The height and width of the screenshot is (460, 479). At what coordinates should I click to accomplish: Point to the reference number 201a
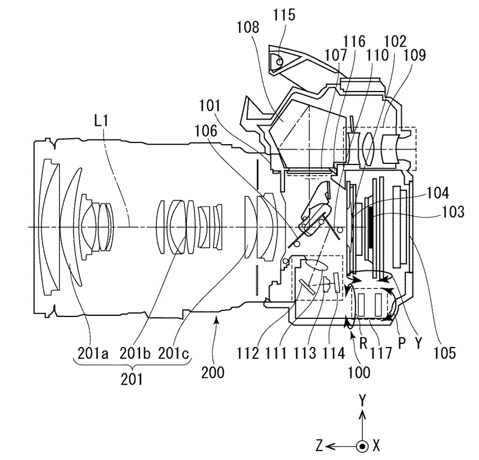click(x=93, y=354)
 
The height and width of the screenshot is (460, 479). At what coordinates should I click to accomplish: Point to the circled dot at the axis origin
click(x=362, y=445)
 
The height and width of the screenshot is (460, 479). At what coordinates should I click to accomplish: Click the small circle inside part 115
click(x=279, y=59)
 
